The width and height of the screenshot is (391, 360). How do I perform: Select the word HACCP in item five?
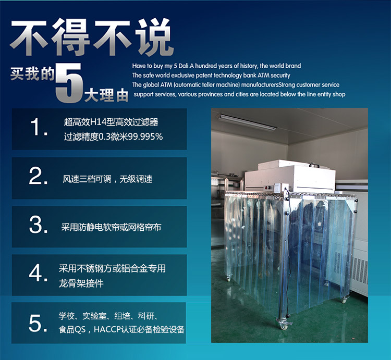click(107, 330)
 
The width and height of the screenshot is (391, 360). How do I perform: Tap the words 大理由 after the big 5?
click(106, 95)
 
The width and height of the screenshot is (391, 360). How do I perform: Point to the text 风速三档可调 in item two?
click(82, 179)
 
